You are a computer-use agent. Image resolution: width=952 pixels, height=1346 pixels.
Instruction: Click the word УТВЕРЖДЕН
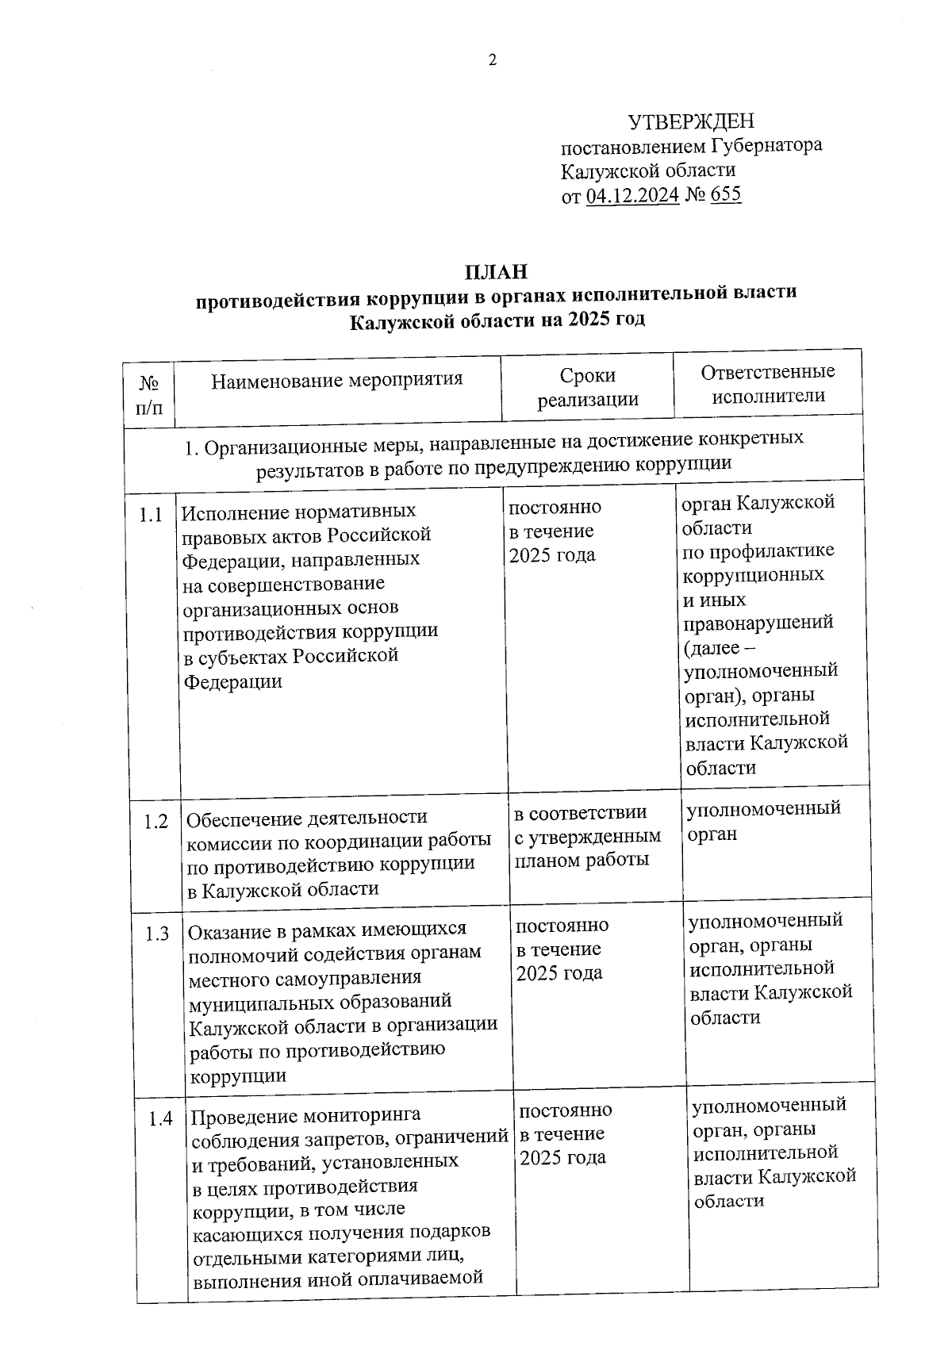click(x=691, y=121)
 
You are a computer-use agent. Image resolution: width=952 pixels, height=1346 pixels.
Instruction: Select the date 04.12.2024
click(x=632, y=195)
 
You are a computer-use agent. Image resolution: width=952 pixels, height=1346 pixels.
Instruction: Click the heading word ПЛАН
click(x=496, y=272)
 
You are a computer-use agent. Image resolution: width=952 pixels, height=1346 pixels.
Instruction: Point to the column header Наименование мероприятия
click(x=337, y=379)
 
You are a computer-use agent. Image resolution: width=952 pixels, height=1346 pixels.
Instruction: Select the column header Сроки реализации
click(x=588, y=387)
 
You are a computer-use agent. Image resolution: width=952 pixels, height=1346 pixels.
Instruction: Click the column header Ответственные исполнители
click(x=768, y=383)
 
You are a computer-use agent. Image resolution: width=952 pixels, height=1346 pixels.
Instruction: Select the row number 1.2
click(x=156, y=822)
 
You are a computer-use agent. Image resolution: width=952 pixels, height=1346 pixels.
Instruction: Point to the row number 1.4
click(x=161, y=1120)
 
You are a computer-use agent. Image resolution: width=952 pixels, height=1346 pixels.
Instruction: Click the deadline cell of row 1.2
click(x=587, y=836)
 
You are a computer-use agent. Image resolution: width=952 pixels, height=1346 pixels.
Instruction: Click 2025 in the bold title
click(x=589, y=320)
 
